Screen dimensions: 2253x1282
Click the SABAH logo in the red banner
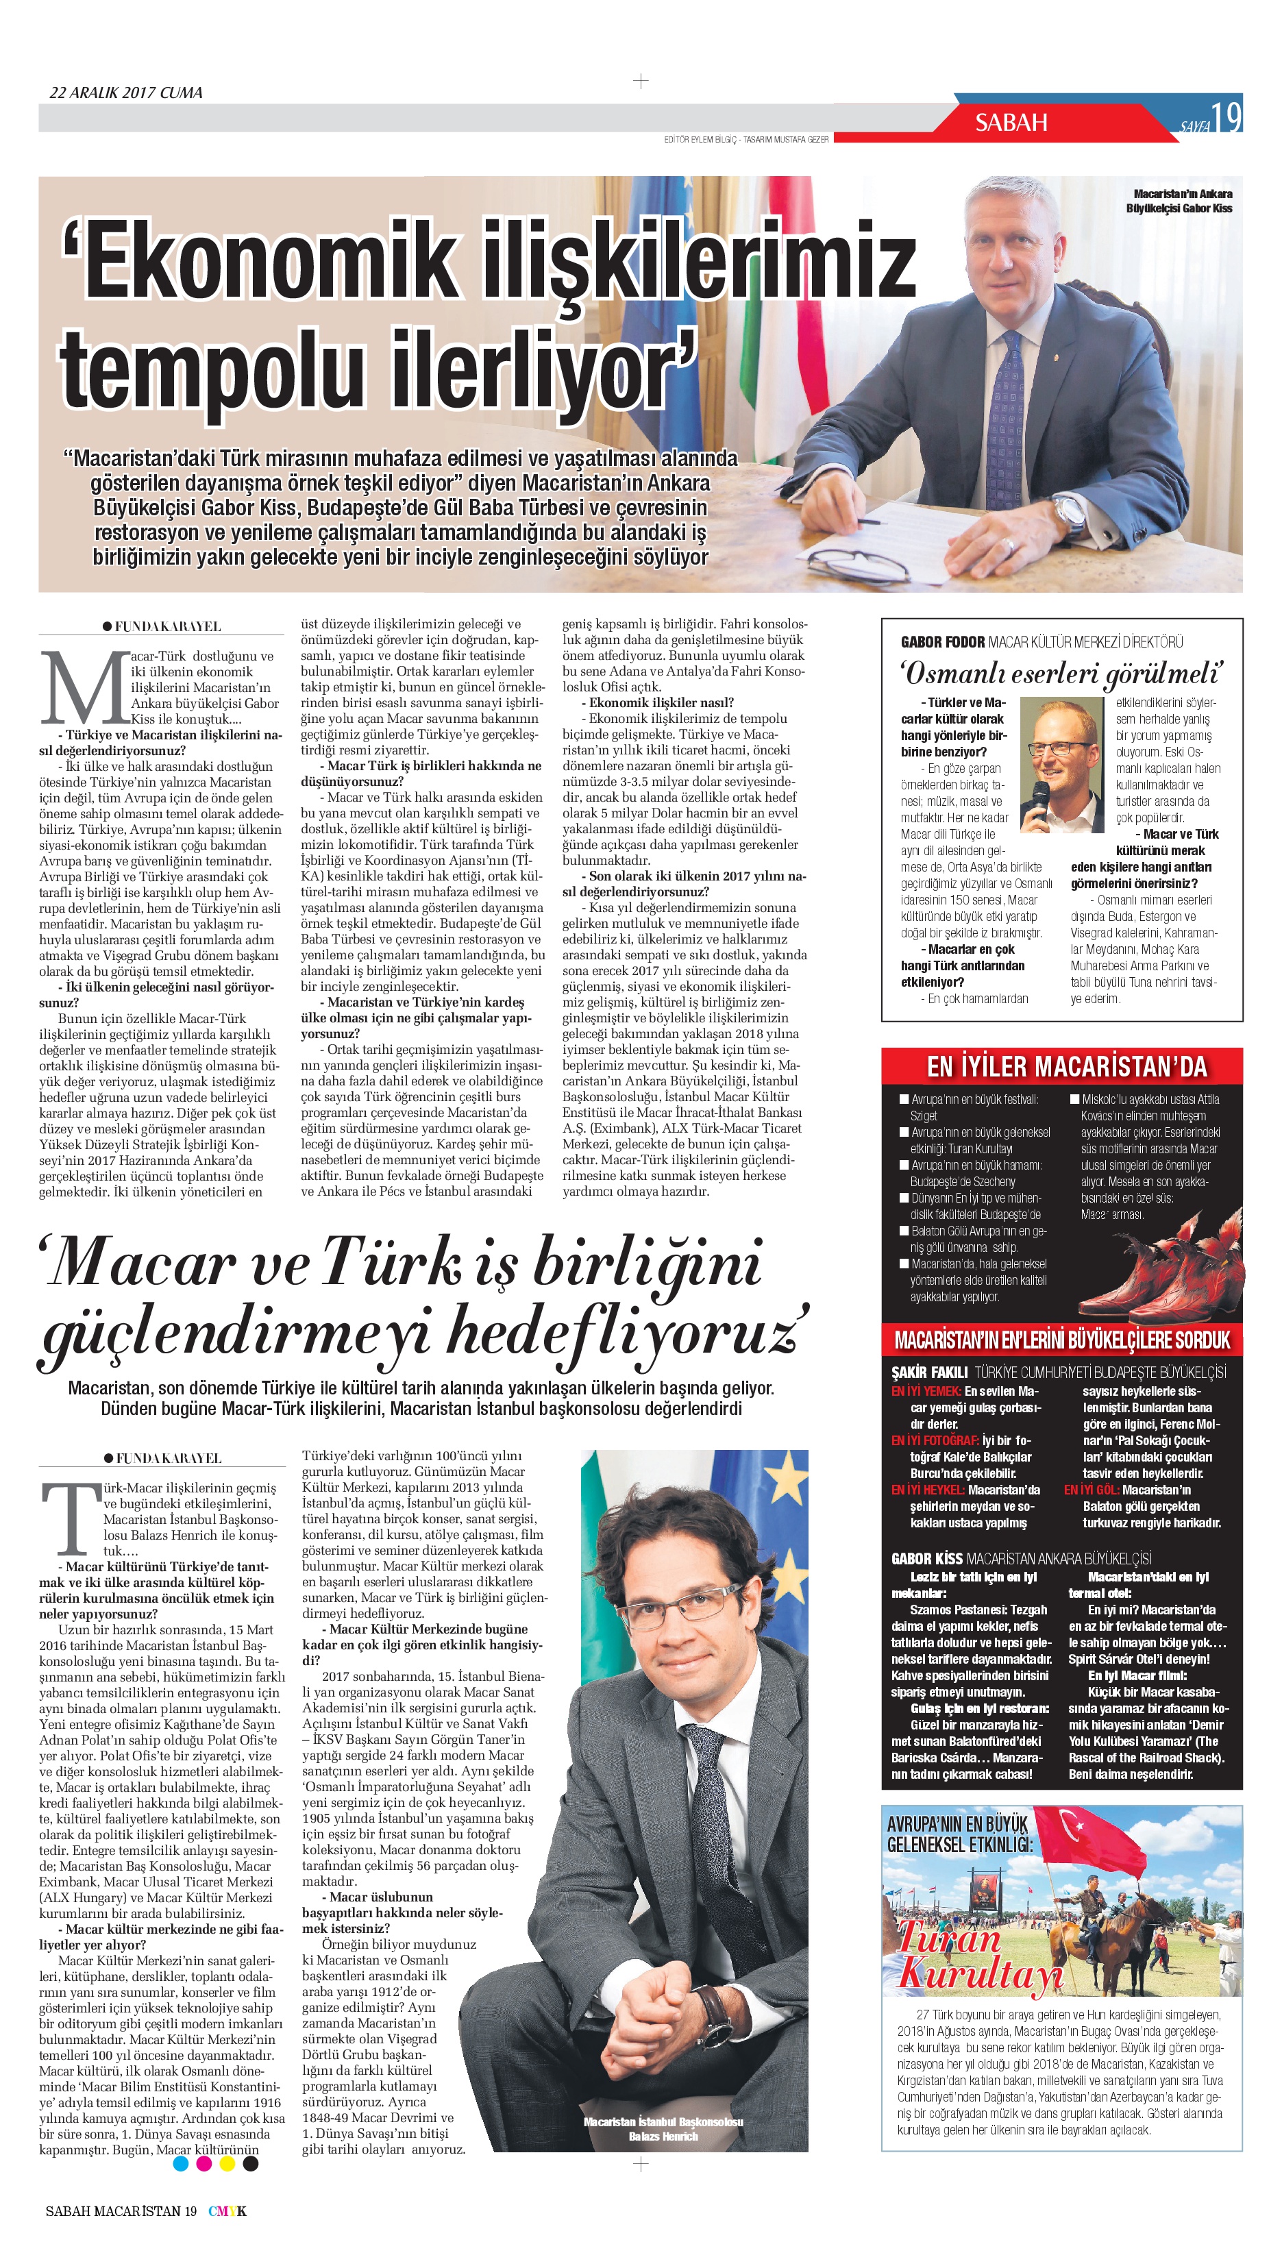click(x=1011, y=123)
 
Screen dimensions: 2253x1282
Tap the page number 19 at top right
click(x=1226, y=116)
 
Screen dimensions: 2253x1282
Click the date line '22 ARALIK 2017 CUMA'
click(x=126, y=93)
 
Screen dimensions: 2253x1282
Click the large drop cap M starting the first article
click(x=83, y=689)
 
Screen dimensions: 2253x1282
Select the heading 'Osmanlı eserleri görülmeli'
click(x=1062, y=674)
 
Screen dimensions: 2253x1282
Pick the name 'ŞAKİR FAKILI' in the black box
click(x=929, y=1372)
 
